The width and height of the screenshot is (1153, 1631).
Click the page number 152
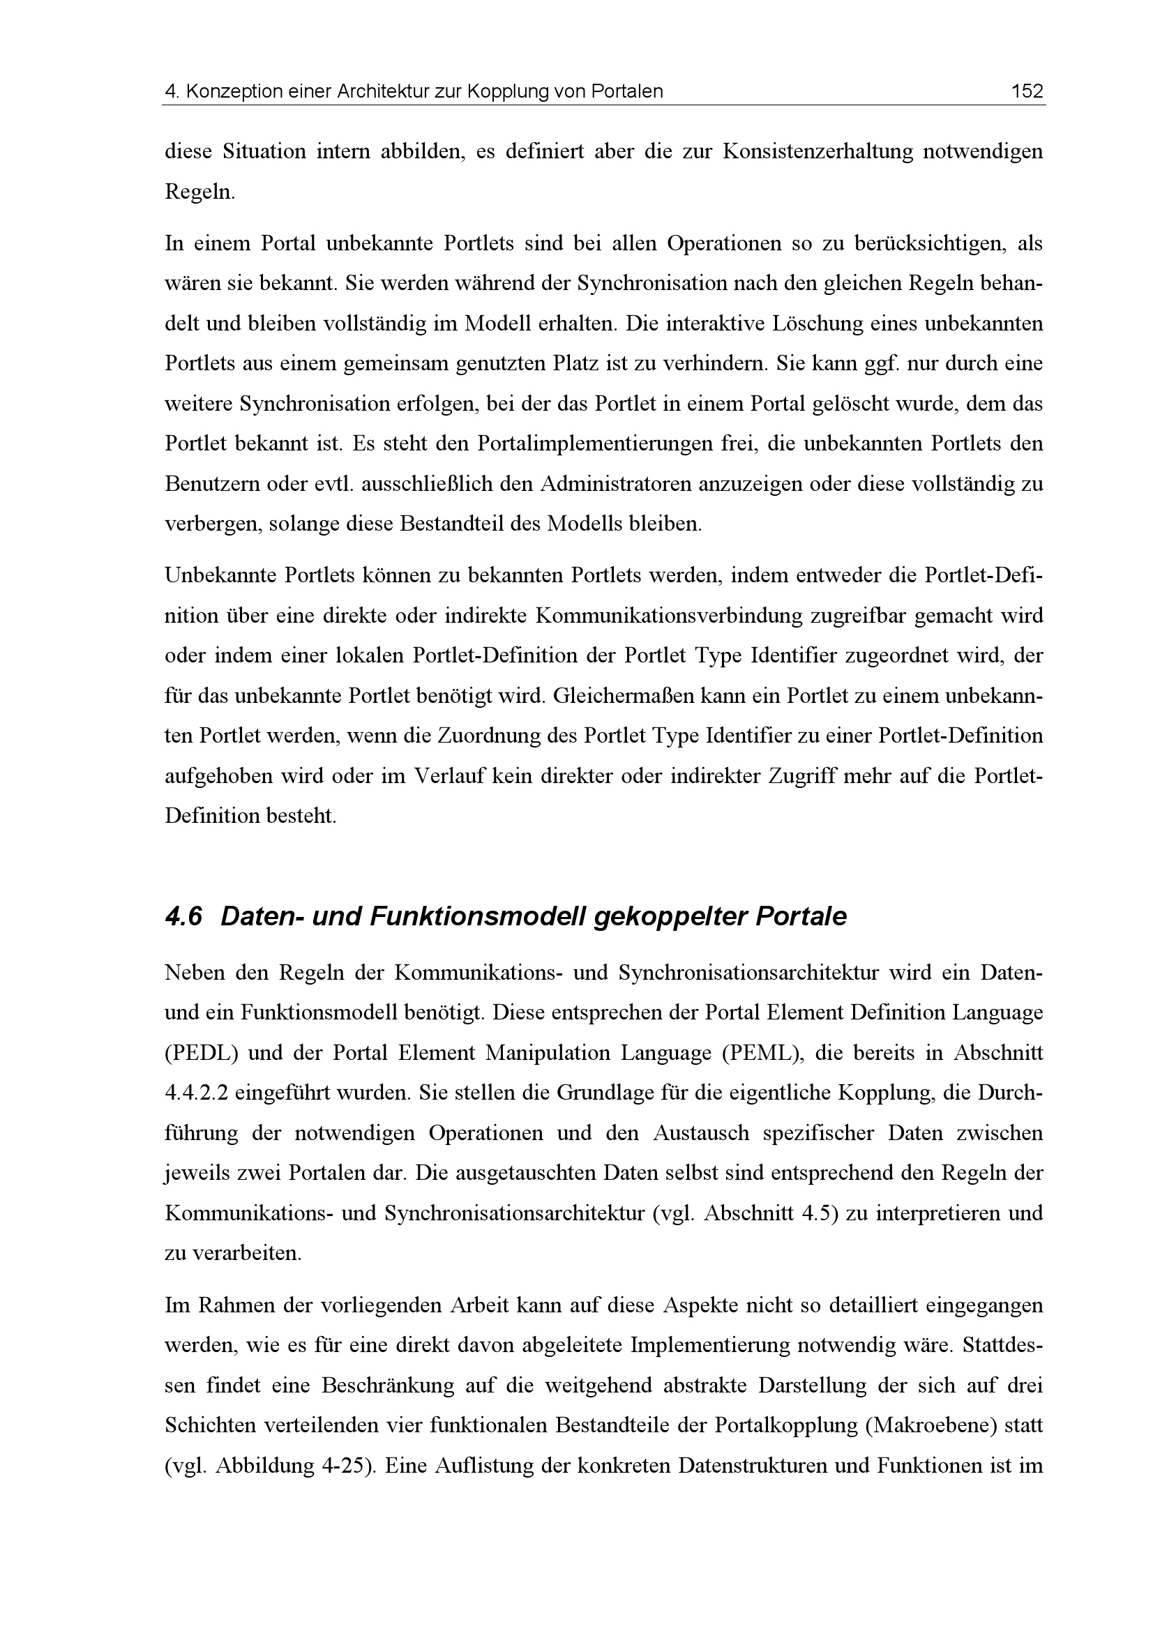pos(1027,91)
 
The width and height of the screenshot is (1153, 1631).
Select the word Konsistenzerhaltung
pos(817,152)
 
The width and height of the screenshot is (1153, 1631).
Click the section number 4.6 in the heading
pos(183,917)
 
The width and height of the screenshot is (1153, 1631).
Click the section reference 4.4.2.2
pos(195,1093)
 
